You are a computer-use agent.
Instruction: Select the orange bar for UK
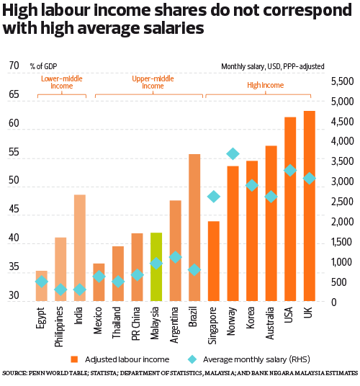pyautogui.click(x=310, y=206)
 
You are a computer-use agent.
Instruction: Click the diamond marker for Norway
pyautogui.click(x=233, y=153)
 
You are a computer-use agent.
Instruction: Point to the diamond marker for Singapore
pyautogui.click(x=214, y=197)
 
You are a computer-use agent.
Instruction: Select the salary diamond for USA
pyautogui.click(x=290, y=170)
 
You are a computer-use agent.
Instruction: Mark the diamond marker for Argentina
pyautogui.click(x=175, y=257)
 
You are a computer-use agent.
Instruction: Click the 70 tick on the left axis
pyautogui.click(x=14, y=66)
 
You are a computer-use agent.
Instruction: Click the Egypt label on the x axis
pyautogui.click(x=42, y=319)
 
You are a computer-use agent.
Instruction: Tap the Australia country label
pyautogui.click(x=271, y=324)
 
